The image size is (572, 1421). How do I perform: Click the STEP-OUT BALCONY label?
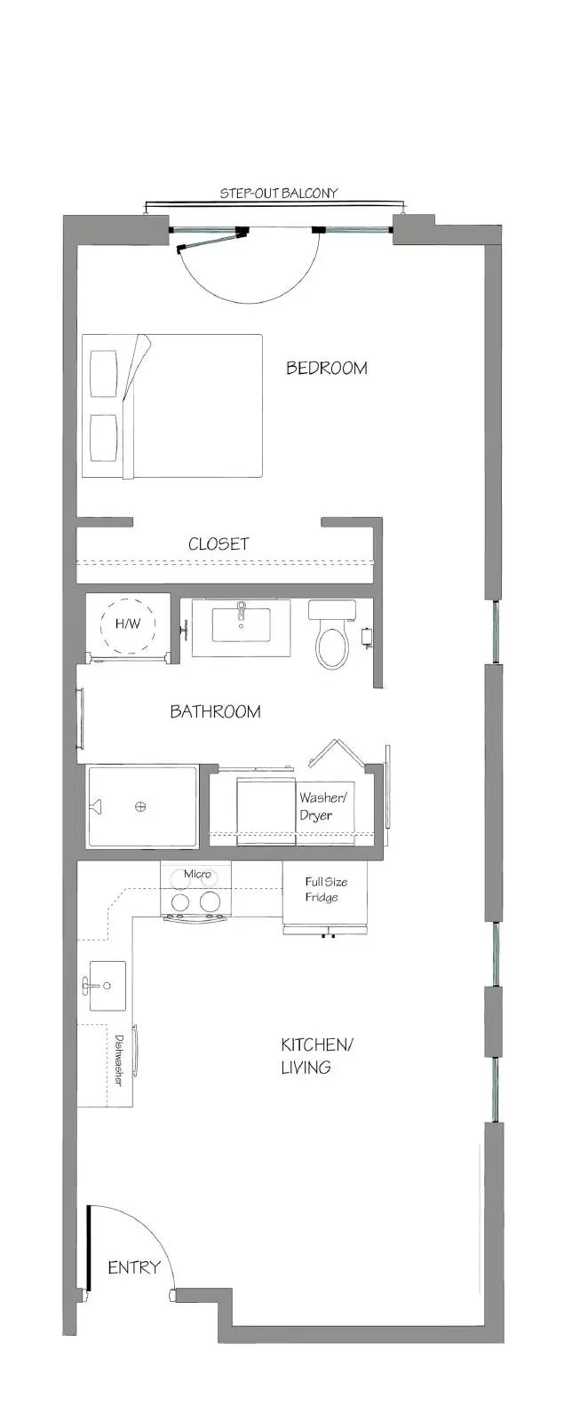pyautogui.click(x=278, y=193)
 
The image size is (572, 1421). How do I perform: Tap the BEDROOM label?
pyautogui.click(x=326, y=368)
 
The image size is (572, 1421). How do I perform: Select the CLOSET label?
pyautogui.click(x=218, y=544)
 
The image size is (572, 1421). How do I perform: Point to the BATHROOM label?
pyautogui.click(x=215, y=711)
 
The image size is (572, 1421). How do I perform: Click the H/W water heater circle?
pyautogui.click(x=128, y=624)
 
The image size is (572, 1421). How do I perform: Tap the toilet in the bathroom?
pyautogui.click(x=332, y=634)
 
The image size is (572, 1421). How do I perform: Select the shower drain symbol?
pyautogui.click(x=140, y=806)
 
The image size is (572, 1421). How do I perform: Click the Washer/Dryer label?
pyautogui.click(x=323, y=806)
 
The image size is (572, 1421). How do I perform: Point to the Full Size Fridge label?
pyautogui.click(x=325, y=889)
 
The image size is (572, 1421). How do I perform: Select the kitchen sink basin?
pyautogui.click(x=107, y=986)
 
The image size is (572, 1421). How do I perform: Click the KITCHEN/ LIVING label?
pyautogui.click(x=316, y=1056)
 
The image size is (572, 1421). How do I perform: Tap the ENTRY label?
pyautogui.click(x=134, y=1267)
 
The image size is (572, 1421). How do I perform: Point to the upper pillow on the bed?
pyautogui.click(x=104, y=374)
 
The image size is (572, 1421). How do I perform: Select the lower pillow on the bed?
pyautogui.click(x=104, y=438)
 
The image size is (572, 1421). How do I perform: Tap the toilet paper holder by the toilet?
pyautogui.click(x=367, y=637)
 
